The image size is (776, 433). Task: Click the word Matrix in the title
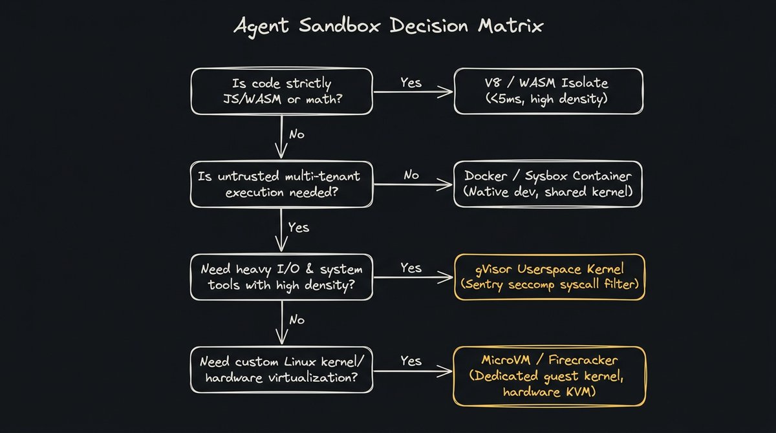point(510,26)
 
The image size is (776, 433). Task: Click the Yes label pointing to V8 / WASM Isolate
point(411,82)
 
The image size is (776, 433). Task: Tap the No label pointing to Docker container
point(411,174)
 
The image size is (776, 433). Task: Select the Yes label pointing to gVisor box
point(411,268)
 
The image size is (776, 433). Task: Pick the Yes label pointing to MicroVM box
point(411,361)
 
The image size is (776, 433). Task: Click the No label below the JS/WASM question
point(297,134)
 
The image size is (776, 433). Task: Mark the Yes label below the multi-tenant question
point(299,227)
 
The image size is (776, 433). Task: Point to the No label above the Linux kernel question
point(297,320)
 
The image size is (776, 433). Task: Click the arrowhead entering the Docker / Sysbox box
point(444,184)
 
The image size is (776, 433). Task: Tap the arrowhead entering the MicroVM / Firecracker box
point(444,371)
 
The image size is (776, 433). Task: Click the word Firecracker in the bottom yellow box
point(583,361)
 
